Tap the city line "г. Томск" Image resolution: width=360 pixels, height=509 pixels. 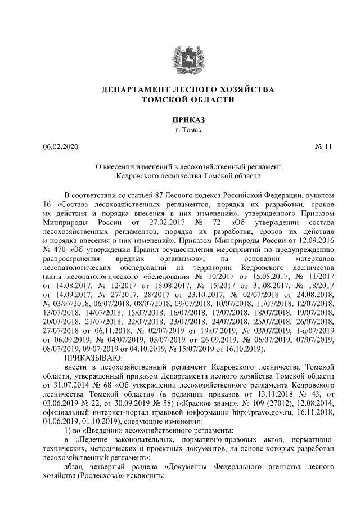(179, 130)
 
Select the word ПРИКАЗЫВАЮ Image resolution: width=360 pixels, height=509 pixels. (91, 358)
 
